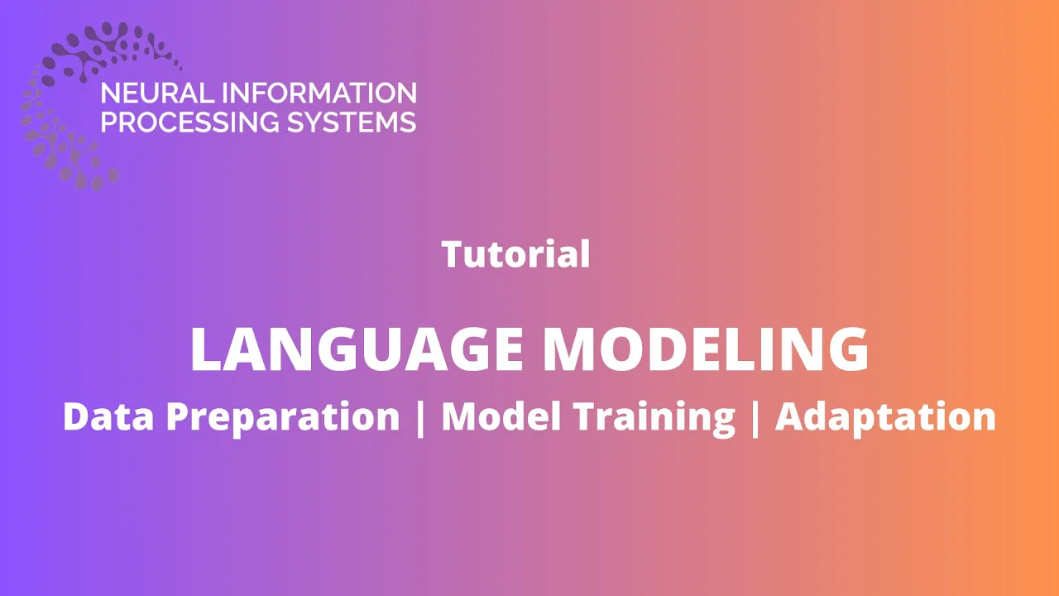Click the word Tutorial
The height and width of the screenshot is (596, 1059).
pos(515,254)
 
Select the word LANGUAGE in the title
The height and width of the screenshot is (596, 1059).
pos(357,349)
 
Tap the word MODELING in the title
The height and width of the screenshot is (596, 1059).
pos(706,349)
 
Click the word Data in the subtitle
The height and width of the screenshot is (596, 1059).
pos(108,416)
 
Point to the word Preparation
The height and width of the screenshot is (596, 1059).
pos(283,419)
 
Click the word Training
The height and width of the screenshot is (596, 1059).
pos(654,419)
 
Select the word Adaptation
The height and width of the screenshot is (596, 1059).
pos(885,419)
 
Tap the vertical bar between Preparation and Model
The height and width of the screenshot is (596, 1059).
pos(420,418)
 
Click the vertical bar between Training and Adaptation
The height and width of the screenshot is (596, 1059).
pos(755,418)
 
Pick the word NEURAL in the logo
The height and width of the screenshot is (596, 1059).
pos(157,93)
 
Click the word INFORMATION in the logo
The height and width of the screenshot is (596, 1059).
pos(319,93)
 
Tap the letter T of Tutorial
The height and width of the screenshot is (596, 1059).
pos(453,254)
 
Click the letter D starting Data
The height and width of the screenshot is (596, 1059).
pos(77,416)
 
